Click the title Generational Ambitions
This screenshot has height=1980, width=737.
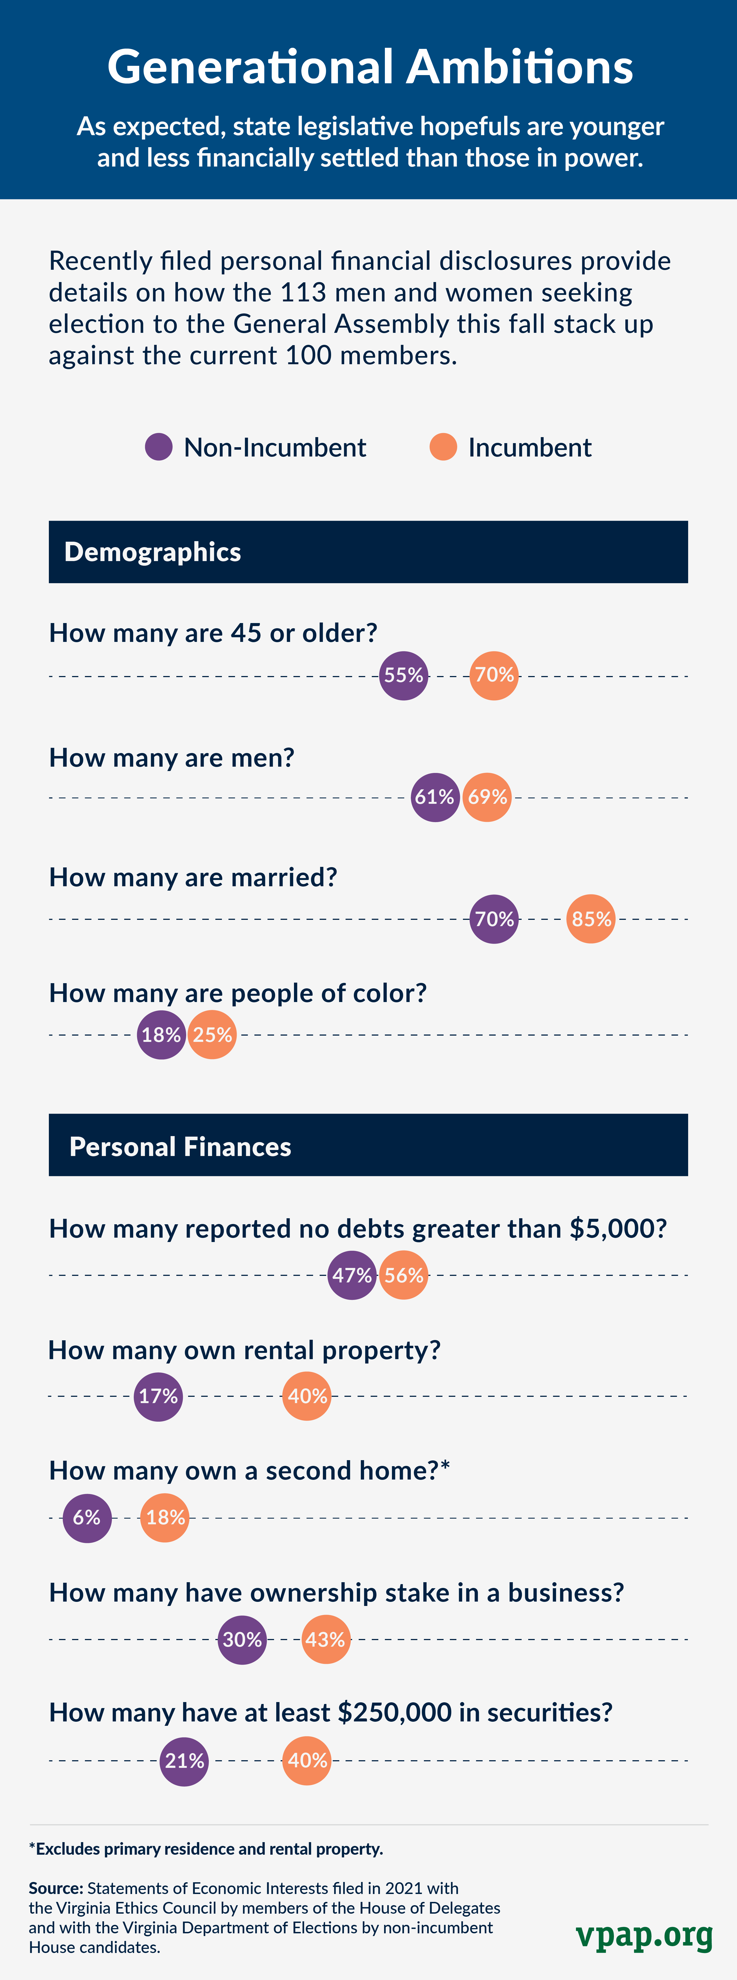[370, 67]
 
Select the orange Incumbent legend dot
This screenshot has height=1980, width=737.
[444, 447]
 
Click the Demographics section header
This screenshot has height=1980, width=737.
[152, 552]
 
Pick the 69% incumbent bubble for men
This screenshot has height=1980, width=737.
[487, 797]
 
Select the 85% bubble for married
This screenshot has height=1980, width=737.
[591, 918]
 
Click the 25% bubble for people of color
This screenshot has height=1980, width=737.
[212, 1035]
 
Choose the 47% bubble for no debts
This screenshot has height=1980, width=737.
[352, 1275]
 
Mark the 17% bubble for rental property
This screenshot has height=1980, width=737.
[158, 1396]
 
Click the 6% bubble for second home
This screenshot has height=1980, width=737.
[87, 1517]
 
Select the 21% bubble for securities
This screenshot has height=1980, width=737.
[185, 1760]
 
